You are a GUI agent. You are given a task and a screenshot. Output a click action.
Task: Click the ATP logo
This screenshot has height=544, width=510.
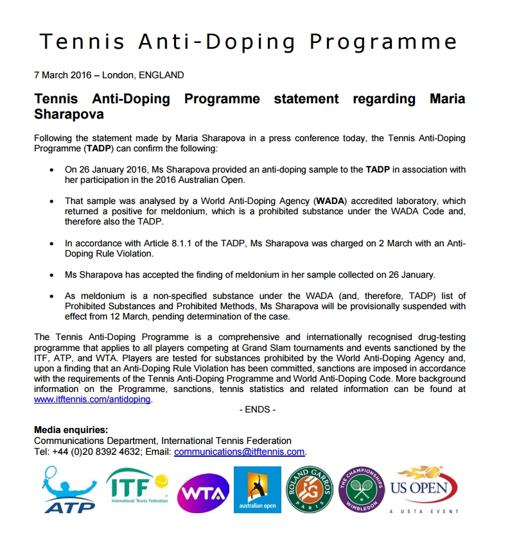point(69,489)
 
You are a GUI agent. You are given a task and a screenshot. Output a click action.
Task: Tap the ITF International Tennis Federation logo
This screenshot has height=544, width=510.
point(137,486)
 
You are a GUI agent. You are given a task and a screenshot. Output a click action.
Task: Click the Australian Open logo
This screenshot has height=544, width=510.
point(257,489)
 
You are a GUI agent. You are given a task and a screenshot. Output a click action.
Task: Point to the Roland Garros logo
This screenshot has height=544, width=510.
point(309,489)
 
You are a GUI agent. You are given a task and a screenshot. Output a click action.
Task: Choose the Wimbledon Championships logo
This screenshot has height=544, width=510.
point(362,489)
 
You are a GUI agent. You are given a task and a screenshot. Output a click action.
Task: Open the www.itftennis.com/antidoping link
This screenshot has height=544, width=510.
point(92,399)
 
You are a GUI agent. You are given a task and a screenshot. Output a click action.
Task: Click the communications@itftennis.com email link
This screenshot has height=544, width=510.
point(239,452)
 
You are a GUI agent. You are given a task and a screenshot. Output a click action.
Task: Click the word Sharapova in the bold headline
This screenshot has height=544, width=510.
point(69,115)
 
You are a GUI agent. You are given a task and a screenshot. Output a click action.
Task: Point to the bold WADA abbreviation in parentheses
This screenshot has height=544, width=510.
point(330,201)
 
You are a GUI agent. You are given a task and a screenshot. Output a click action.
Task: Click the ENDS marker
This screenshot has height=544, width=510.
point(257,409)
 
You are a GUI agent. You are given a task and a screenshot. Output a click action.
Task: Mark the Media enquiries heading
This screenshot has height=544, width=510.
point(71,430)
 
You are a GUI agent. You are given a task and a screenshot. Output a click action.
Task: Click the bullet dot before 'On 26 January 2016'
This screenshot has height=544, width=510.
point(52,169)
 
